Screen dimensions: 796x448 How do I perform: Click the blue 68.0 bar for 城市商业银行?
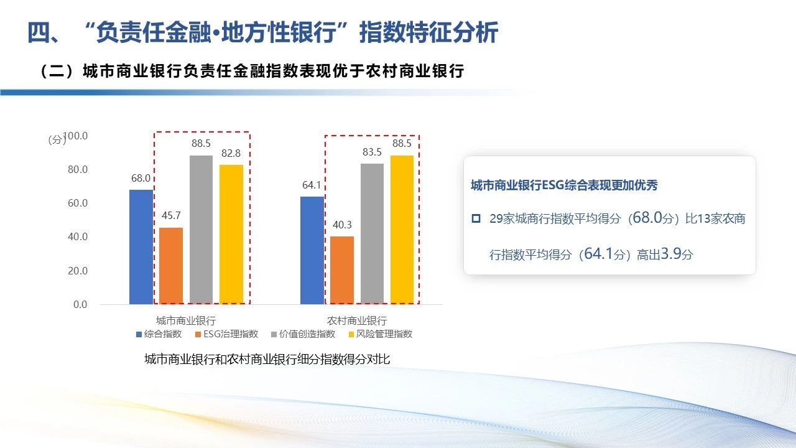(141, 247)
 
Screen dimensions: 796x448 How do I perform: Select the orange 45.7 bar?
(171, 266)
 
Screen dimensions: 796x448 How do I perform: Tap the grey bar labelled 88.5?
(201, 230)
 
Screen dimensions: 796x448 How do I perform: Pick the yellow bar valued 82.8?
(231, 235)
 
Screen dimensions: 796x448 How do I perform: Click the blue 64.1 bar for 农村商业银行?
(312, 250)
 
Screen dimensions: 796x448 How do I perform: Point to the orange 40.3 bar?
(342, 270)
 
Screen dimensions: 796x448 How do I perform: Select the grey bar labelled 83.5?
(372, 234)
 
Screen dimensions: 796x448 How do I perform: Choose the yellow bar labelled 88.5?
(402, 230)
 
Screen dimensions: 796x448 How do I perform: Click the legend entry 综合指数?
(159, 334)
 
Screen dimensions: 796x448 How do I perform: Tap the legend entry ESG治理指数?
(227, 334)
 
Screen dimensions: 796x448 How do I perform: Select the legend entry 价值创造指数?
(303, 334)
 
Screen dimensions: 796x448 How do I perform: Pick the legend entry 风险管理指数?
(380, 334)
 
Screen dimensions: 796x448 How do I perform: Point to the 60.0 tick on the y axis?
(78, 203)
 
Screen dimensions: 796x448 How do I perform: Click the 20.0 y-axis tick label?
(78, 271)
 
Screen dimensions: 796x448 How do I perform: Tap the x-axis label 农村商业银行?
(357, 320)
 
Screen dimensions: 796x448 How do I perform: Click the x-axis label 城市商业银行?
(186, 320)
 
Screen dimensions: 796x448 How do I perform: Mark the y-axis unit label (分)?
(57, 140)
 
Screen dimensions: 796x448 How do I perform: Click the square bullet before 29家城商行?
(476, 218)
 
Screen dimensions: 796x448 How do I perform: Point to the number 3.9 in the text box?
(670, 253)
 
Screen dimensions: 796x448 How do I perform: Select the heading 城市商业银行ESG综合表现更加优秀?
(564, 185)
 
